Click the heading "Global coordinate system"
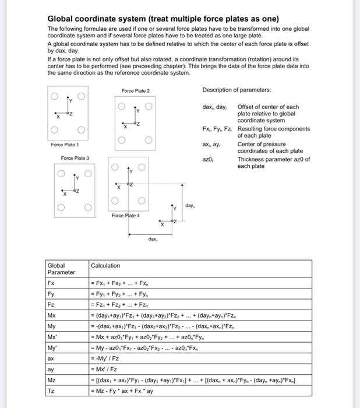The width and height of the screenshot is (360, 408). pyautogui.click(x=163, y=19)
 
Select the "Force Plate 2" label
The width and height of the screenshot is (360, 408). pyautogui.click(x=136, y=91)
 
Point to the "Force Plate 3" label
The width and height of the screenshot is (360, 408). pyautogui.click(x=75, y=158)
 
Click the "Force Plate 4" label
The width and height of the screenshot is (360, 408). pyautogui.click(x=126, y=215)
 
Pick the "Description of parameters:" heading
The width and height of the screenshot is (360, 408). pyautogui.click(x=237, y=90)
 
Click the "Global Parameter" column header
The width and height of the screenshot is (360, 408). pyautogui.click(x=61, y=269)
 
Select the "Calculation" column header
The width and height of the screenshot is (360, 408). pyautogui.click(x=105, y=266)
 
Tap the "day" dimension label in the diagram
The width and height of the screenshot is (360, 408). pyautogui.click(x=190, y=206)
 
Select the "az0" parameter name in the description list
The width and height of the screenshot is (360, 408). pyautogui.click(x=209, y=159)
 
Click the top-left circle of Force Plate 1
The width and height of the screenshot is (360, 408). pyautogui.click(x=54, y=96)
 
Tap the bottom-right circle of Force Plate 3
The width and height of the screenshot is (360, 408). pyautogui.click(x=89, y=207)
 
